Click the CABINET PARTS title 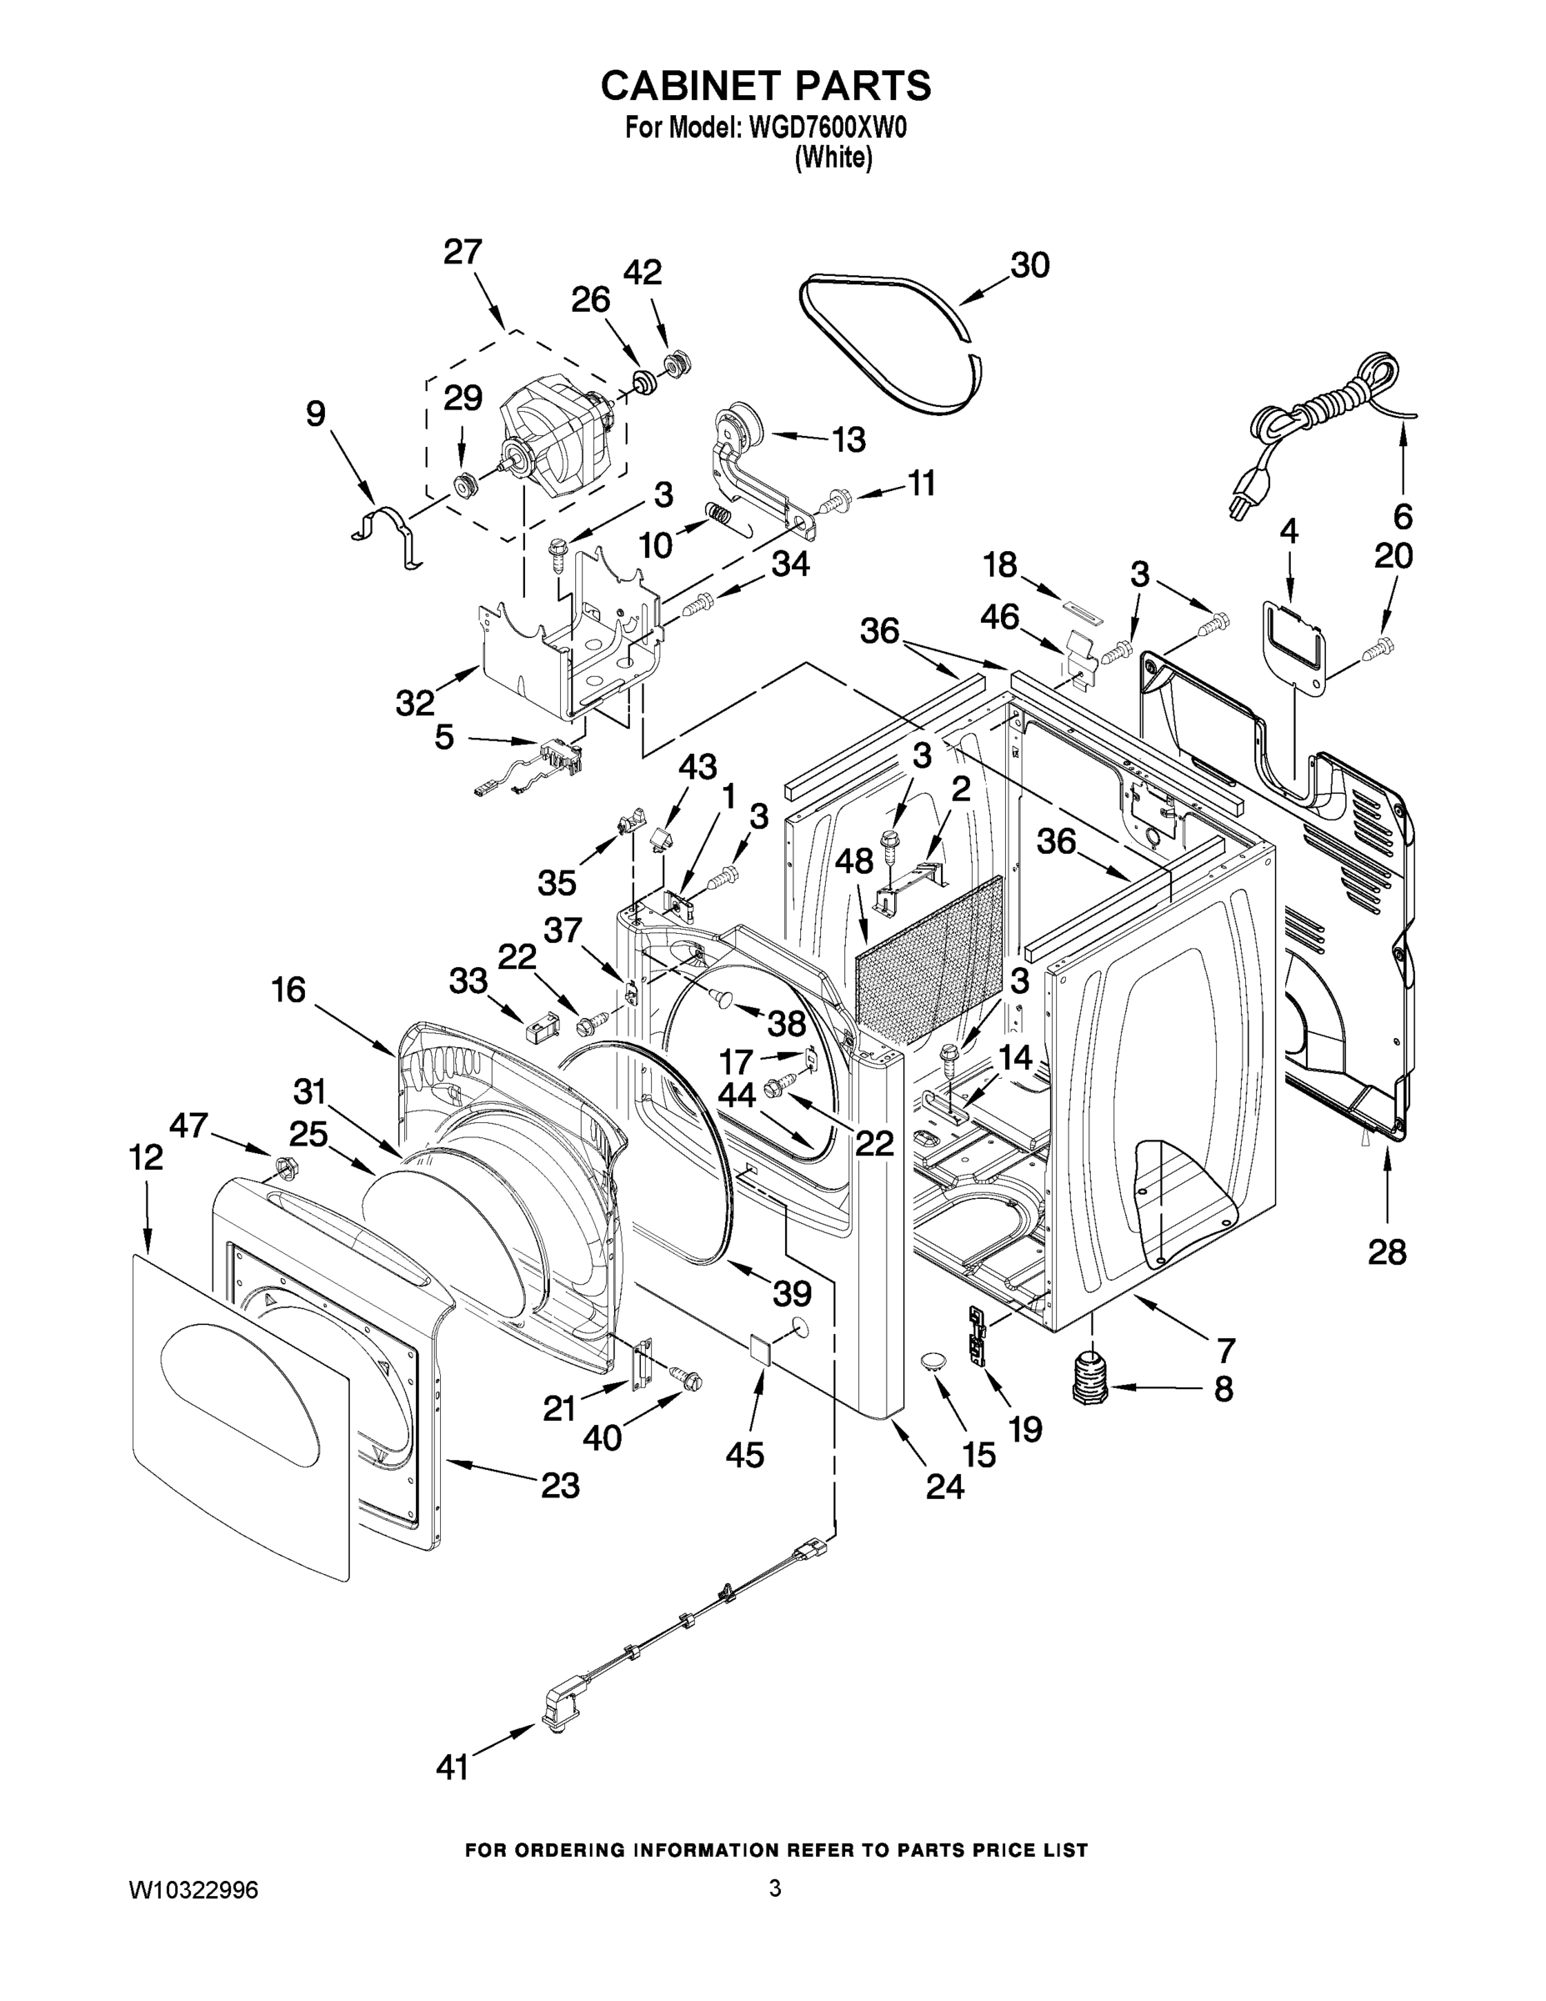(766, 85)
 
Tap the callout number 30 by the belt (1029, 266)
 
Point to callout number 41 (453, 1768)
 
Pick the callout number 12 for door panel (147, 1159)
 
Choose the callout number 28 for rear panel (1387, 1251)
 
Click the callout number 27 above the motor (463, 252)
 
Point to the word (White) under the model (833, 158)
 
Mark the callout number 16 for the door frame (288, 990)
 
